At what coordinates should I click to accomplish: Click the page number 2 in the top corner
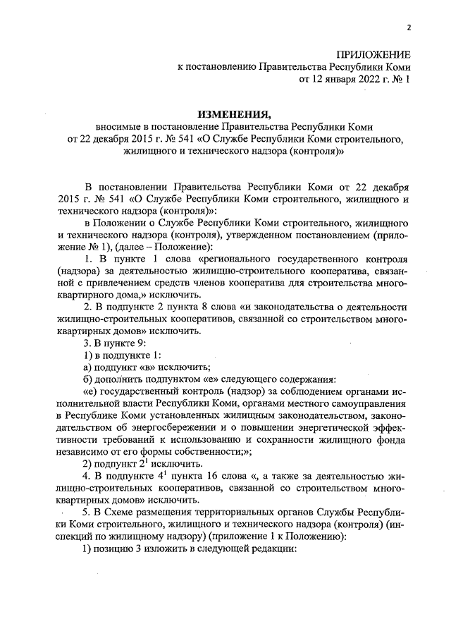point(408,27)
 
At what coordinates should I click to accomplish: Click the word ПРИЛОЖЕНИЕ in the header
point(373,54)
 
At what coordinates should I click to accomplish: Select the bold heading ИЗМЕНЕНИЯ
point(233,114)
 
